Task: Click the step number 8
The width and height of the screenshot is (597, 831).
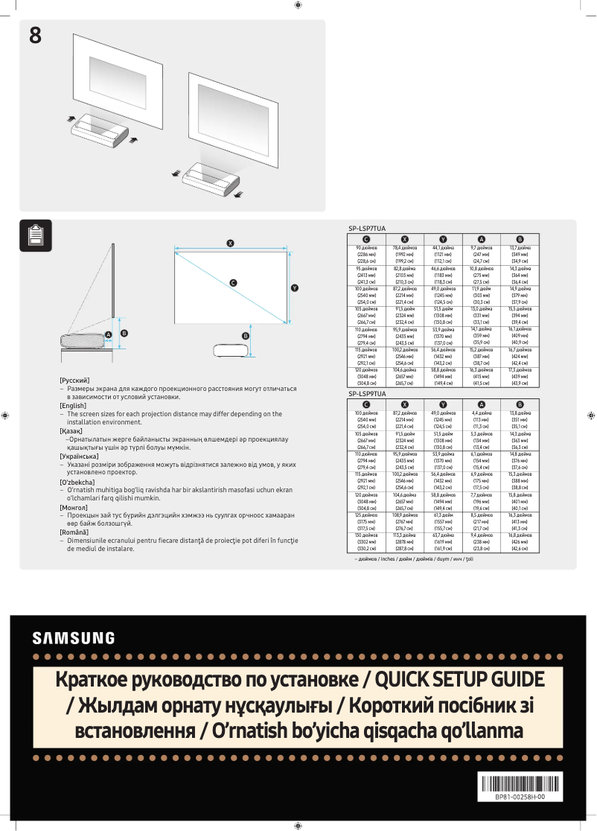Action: point(35,35)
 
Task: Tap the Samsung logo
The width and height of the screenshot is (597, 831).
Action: point(74,638)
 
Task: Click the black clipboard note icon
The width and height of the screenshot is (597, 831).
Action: point(35,235)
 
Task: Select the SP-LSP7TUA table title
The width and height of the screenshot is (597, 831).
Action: point(367,229)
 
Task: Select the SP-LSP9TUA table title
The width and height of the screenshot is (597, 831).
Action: point(367,393)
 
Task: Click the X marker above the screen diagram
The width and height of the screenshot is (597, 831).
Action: point(231,243)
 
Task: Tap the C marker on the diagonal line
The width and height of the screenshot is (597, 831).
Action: point(233,283)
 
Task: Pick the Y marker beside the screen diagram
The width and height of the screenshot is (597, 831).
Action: point(295,287)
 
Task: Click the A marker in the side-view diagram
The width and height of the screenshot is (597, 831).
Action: point(108,335)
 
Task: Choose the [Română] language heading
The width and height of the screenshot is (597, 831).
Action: point(74,532)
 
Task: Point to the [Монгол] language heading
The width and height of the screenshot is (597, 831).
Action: point(74,506)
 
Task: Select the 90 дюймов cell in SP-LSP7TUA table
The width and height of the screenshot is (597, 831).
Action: point(366,247)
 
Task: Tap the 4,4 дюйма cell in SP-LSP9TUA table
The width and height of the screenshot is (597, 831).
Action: point(481,412)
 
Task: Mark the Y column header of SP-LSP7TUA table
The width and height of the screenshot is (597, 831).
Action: point(443,238)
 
